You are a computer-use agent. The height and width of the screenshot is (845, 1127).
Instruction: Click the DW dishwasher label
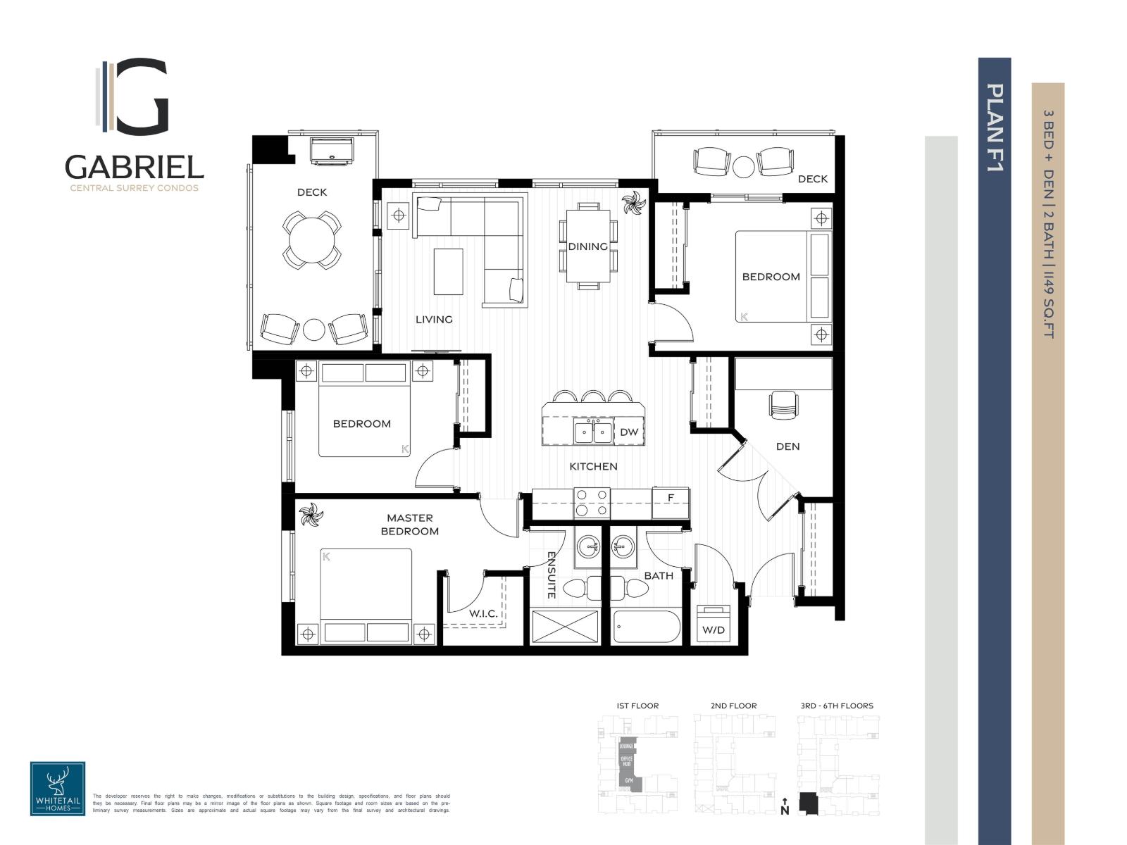pyautogui.click(x=628, y=432)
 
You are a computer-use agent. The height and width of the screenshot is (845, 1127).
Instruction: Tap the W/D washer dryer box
pyautogui.click(x=713, y=622)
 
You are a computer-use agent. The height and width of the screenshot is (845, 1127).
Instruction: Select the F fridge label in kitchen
pyautogui.click(x=671, y=498)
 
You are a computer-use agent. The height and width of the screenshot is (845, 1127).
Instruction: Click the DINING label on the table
pyautogui.click(x=587, y=246)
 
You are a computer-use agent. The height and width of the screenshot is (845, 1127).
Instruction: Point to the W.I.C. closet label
pyautogui.click(x=483, y=613)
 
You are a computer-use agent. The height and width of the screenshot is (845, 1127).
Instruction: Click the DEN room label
pyautogui.click(x=787, y=446)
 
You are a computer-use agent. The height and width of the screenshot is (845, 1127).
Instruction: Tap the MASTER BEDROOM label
pyautogui.click(x=409, y=525)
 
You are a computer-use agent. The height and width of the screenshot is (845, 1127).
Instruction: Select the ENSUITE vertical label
pyautogui.click(x=551, y=575)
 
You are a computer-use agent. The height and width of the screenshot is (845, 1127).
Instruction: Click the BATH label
pyautogui.click(x=659, y=575)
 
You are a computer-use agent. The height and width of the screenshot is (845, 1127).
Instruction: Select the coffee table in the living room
pyautogui.click(x=448, y=271)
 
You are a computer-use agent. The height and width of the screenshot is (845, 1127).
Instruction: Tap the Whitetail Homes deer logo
pyautogui.click(x=58, y=788)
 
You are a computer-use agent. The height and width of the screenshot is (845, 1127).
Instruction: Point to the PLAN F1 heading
pyautogui.click(x=995, y=127)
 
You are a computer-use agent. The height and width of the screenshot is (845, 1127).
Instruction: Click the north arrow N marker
pyautogui.click(x=785, y=806)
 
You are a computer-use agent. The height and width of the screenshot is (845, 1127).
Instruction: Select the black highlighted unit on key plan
pyautogui.click(x=809, y=804)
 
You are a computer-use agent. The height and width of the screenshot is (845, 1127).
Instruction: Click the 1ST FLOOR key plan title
pyautogui.click(x=637, y=706)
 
